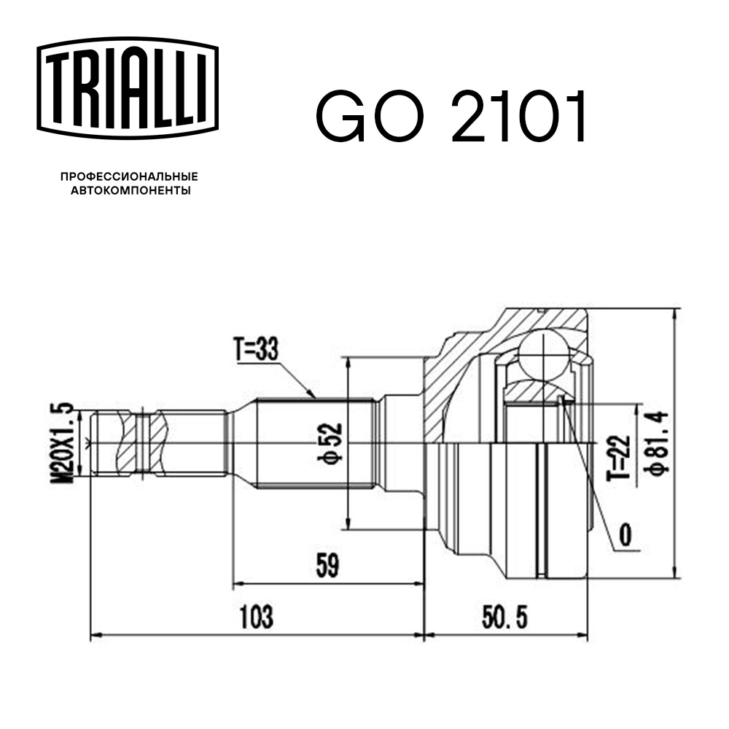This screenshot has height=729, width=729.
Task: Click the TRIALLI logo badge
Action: pyautogui.click(x=128, y=87)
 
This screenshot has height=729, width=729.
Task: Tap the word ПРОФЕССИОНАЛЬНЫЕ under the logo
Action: pyautogui.click(x=129, y=177)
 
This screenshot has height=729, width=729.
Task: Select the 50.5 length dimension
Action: pyautogui.click(x=505, y=618)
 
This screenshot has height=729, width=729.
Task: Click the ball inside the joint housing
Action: pyautogui.click(x=545, y=355)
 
